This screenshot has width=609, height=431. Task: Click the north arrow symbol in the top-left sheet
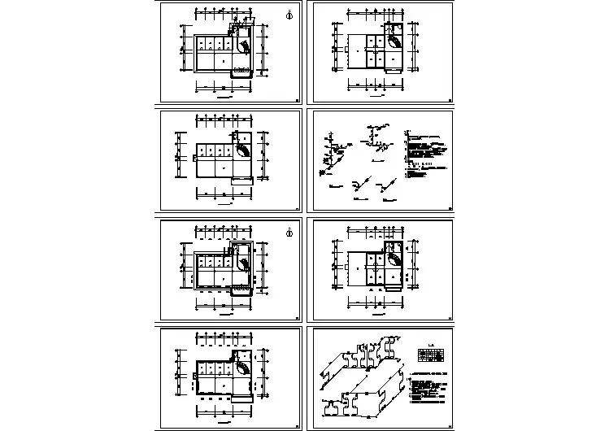290,15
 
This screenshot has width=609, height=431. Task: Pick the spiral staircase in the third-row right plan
394,259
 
